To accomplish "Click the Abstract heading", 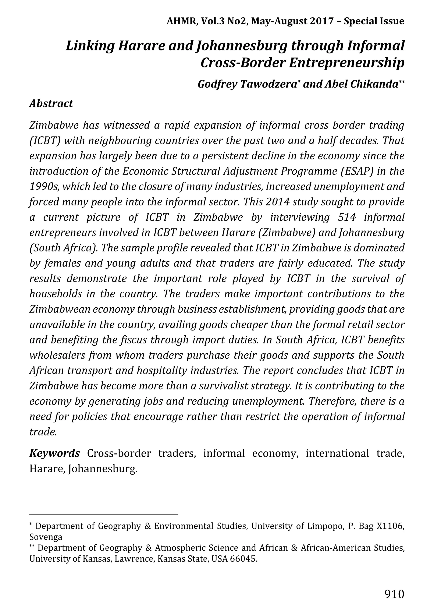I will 51,103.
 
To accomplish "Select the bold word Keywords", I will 54,453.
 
